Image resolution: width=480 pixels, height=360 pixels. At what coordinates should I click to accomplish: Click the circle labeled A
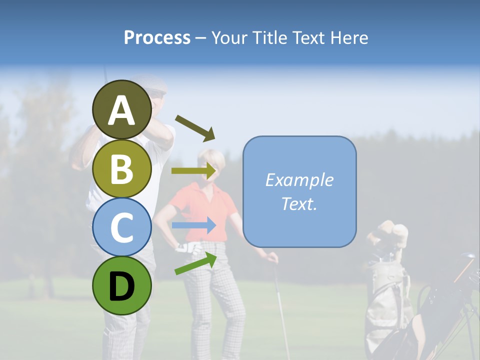(122, 109)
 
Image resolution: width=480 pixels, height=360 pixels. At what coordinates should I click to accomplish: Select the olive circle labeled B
(122, 168)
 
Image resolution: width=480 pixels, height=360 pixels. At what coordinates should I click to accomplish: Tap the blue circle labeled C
(122, 227)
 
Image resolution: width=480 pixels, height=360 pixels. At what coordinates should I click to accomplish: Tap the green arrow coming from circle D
(195, 263)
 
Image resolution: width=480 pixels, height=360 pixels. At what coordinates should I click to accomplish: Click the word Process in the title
(157, 38)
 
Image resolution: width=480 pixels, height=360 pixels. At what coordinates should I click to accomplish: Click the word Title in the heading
(269, 38)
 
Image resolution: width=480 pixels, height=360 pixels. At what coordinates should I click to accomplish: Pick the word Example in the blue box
(299, 180)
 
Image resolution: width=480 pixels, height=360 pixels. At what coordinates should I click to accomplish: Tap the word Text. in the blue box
(299, 203)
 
